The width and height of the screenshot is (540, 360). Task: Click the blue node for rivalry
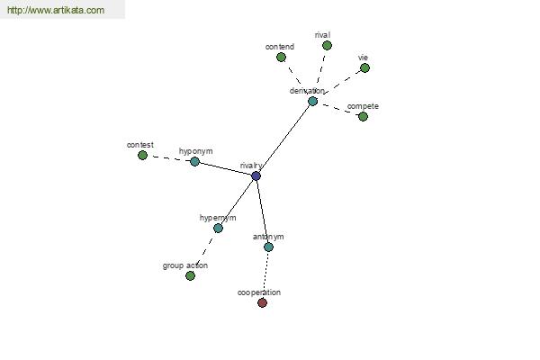point(256,176)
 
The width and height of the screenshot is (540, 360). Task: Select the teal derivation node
point(312,102)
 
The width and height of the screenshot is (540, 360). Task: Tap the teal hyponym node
point(195,162)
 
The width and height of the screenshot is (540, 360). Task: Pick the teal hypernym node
point(219,228)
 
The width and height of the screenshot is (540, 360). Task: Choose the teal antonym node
point(268,247)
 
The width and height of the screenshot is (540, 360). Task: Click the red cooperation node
point(263,302)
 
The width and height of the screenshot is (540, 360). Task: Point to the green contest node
point(142,156)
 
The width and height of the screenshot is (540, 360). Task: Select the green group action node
point(191,275)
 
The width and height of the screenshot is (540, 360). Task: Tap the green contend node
point(282,58)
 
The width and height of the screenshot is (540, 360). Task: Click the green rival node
point(328,46)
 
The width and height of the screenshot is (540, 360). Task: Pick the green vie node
point(365,67)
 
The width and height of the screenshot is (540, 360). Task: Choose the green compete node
point(364,117)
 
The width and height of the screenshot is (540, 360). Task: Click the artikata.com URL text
point(56,10)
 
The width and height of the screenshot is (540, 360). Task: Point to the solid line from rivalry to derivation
point(284,139)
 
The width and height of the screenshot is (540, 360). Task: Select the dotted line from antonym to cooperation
point(265,274)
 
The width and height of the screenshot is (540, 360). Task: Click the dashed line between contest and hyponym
point(169,158)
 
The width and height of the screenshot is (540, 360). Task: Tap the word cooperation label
point(259,292)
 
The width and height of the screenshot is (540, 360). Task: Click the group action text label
point(185,265)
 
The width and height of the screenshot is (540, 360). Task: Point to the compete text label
point(363,106)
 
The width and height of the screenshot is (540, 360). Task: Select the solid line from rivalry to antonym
point(262,211)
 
